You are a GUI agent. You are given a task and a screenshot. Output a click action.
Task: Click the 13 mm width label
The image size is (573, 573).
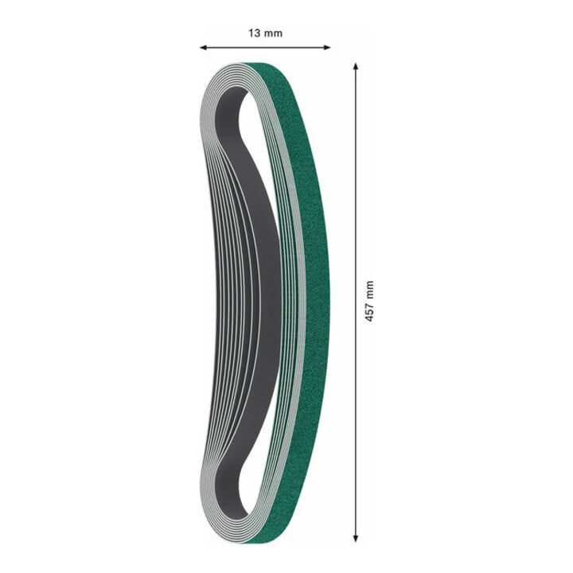(265, 33)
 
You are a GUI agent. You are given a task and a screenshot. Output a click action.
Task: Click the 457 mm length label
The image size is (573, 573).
(369, 301)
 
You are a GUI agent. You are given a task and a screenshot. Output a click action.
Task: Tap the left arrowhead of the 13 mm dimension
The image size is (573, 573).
(204, 47)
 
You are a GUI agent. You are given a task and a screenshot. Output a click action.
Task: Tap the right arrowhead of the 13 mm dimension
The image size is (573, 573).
(327, 47)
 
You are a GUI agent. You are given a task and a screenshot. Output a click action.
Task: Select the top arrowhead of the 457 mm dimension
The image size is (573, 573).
(356, 67)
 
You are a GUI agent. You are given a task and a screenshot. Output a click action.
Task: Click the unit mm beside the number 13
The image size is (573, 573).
(273, 34)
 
